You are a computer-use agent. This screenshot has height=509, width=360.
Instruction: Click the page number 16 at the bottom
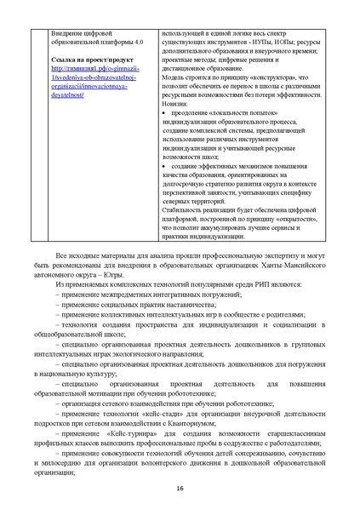(180, 488)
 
